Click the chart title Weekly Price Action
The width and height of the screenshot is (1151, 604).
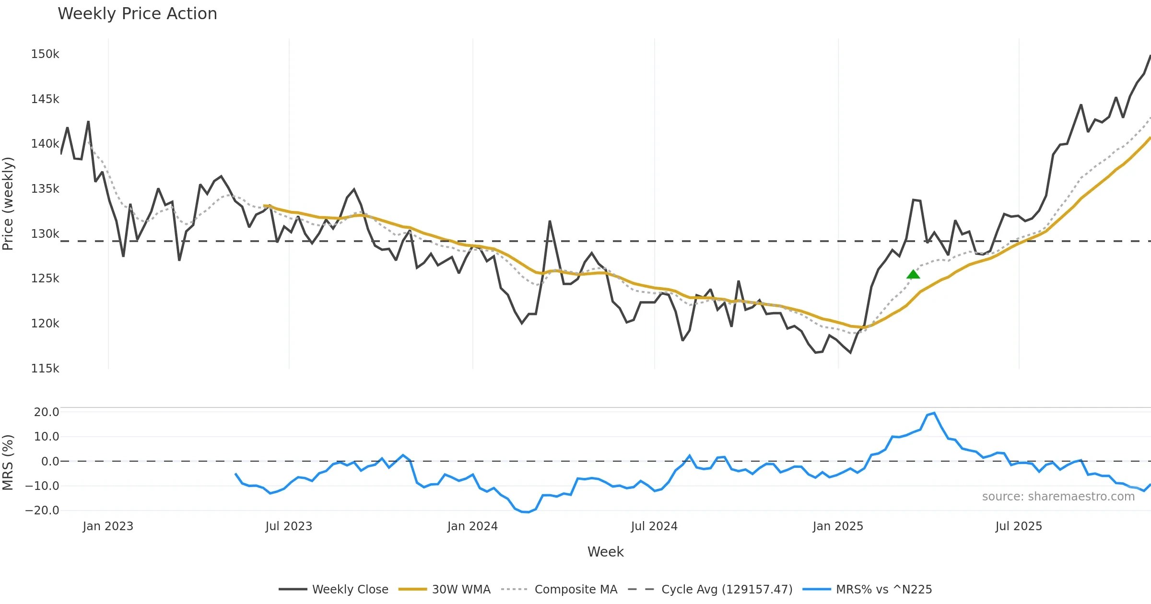[137, 14]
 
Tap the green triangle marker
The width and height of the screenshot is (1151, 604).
[913, 274]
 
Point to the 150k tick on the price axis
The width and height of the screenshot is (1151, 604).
[45, 54]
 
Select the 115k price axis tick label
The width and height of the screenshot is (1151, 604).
[45, 369]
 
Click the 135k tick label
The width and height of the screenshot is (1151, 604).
[45, 189]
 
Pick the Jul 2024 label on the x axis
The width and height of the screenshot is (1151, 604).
[654, 526]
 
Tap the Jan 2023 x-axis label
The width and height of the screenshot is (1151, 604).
[108, 526]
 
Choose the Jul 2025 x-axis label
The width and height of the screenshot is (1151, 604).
[1019, 526]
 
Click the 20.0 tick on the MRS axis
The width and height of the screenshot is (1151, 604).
[47, 412]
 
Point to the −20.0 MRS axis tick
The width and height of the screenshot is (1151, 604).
[42, 511]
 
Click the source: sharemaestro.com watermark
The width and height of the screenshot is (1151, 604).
[1058, 497]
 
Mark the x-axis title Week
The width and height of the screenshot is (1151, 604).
[605, 552]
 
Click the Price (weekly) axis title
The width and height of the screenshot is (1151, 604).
[8, 204]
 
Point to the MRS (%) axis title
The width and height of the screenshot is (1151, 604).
[8, 462]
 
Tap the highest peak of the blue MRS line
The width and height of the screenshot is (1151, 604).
[934, 413]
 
